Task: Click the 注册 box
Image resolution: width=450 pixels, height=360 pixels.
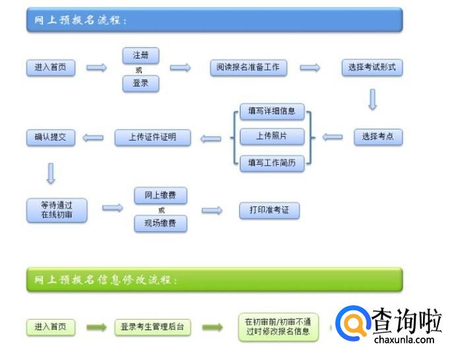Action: (141, 55)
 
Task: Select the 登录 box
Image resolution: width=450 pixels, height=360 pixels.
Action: (141, 83)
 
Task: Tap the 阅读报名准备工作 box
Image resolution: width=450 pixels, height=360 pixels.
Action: (248, 67)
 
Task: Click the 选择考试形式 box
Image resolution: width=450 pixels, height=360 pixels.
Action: (372, 67)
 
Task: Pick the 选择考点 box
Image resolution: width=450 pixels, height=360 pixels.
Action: (378, 137)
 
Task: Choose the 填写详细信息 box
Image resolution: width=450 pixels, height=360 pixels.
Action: (272, 110)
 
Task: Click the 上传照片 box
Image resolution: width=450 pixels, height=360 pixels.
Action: (272, 136)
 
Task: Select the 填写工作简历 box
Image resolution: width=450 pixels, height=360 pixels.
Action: (272, 162)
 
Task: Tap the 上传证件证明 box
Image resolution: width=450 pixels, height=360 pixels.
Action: (152, 137)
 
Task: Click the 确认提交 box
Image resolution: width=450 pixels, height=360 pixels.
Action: (51, 137)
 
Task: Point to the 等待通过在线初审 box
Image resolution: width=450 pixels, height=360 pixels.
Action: (57, 209)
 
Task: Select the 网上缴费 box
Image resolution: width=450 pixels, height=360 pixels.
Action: (160, 196)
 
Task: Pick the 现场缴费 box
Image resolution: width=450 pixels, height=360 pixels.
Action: (160, 224)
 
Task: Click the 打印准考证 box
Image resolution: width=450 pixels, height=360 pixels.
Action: (269, 210)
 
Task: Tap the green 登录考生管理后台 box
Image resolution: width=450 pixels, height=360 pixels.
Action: (152, 327)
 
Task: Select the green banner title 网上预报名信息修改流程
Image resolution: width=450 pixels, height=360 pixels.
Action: (106, 280)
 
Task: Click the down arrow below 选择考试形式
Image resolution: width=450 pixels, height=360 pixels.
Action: (372, 99)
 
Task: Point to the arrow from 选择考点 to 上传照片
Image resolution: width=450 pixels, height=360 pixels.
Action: (333, 137)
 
